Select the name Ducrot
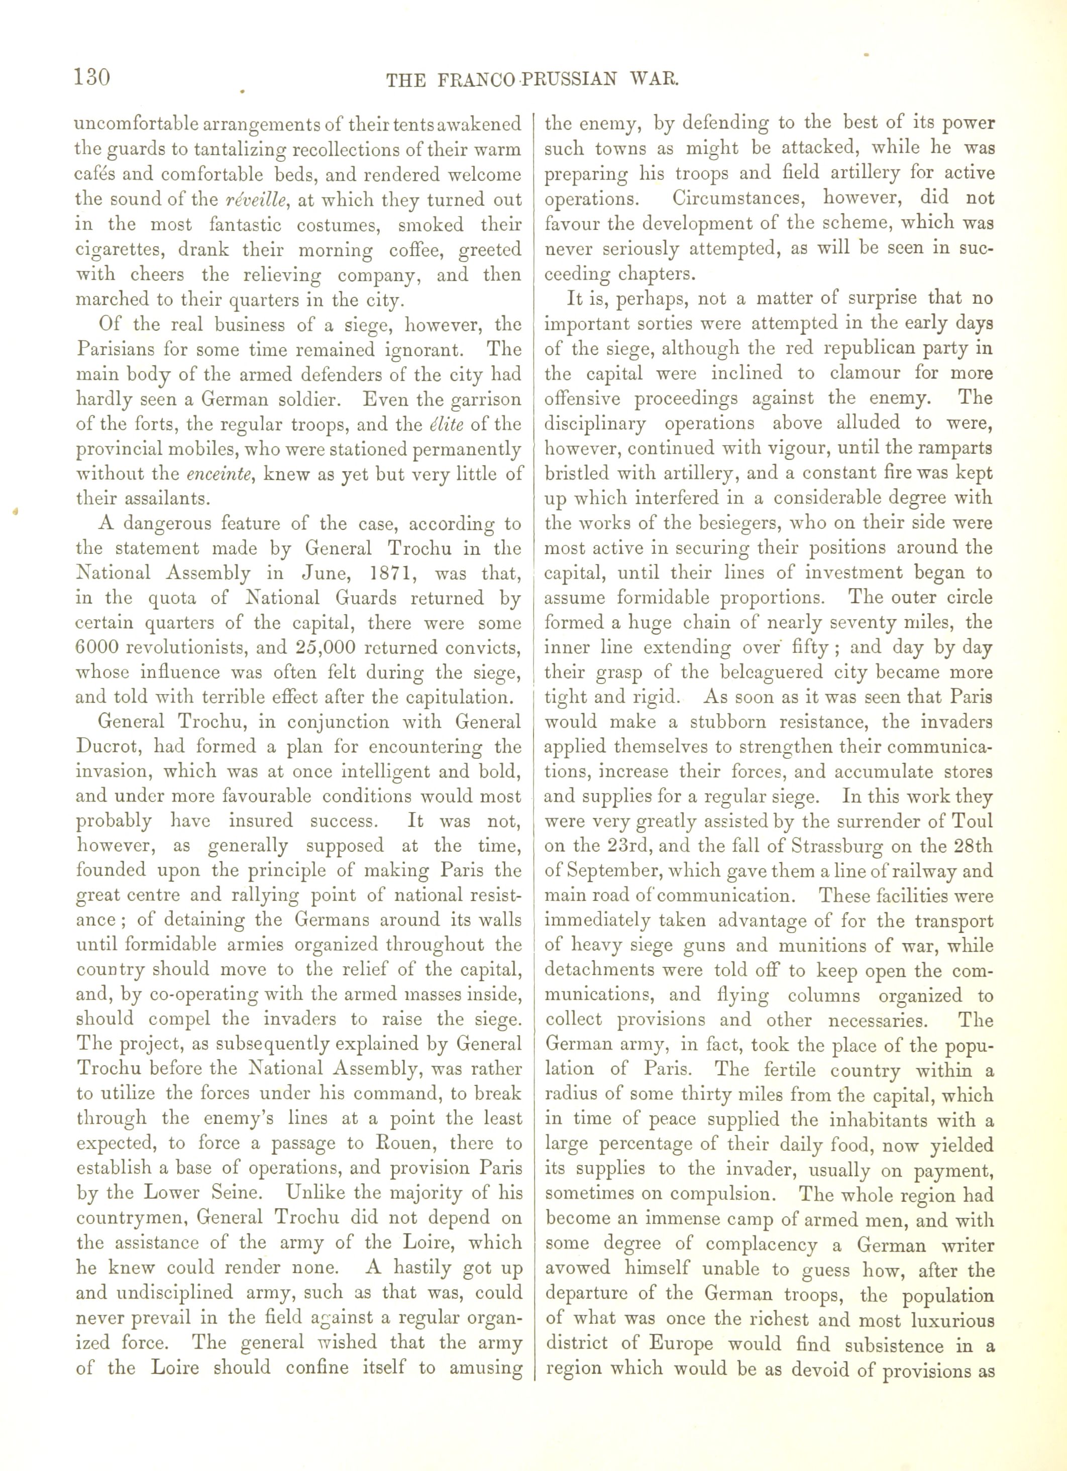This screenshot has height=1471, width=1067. pos(108,746)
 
